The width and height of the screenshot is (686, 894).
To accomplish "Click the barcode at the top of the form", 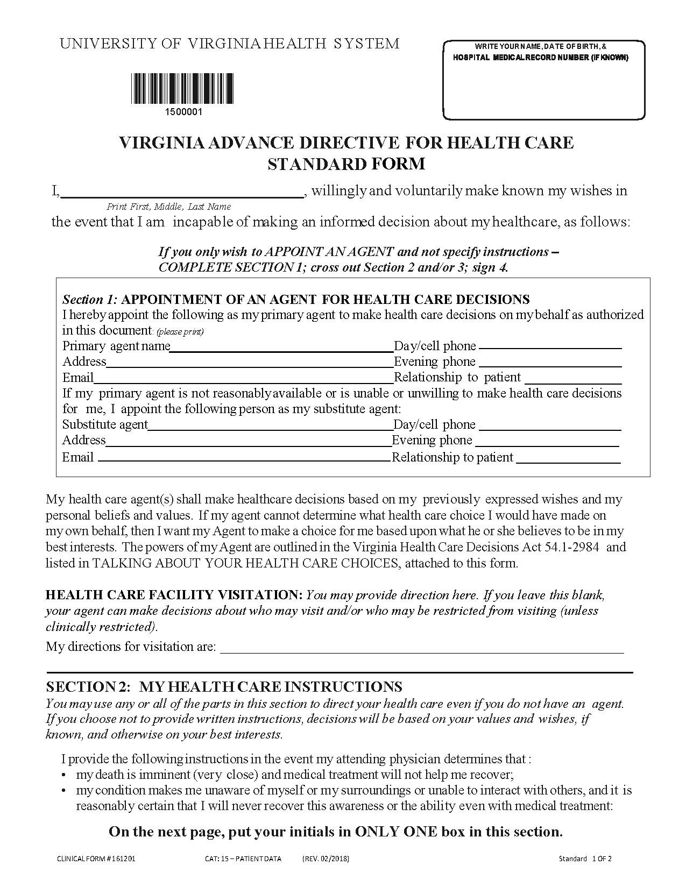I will (x=183, y=89).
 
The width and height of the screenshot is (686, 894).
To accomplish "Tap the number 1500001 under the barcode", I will (x=183, y=112).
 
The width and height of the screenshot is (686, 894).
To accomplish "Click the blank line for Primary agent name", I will (x=281, y=347).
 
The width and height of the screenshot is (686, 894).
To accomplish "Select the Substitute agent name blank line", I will (x=270, y=426).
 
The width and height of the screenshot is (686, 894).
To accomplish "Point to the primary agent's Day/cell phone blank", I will (x=550, y=347).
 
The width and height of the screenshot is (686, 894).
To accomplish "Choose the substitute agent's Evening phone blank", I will (x=547, y=442).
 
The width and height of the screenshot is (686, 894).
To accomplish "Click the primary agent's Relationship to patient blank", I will (x=573, y=379).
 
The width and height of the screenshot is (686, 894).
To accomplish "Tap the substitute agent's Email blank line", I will (x=244, y=458).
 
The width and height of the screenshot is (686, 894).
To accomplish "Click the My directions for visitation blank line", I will (x=422, y=649).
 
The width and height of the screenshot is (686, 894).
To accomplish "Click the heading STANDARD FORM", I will (x=346, y=164).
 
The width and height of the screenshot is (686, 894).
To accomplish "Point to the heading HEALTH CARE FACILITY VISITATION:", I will (x=174, y=595).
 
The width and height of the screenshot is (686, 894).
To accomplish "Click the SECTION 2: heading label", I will (x=88, y=687).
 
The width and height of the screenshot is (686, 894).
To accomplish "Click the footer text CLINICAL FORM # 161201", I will (x=96, y=858).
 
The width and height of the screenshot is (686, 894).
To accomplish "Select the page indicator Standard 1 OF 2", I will (x=585, y=858).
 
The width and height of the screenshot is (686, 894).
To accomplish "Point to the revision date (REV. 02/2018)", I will (x=326, y=858).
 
